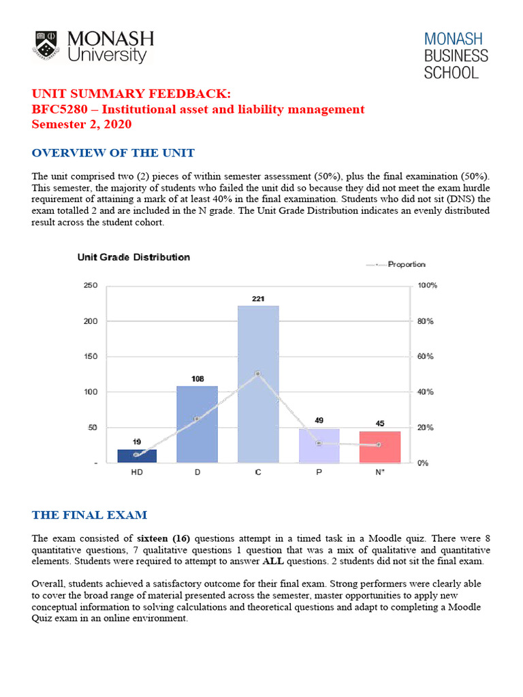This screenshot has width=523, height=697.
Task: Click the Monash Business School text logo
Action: click(456, 55)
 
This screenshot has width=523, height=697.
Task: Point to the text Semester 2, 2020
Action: click(82, 125)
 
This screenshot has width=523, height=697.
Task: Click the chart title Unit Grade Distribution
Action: click(133, 257)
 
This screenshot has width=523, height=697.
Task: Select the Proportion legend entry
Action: click(406, 265)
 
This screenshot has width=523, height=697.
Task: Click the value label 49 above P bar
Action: click(319, 421)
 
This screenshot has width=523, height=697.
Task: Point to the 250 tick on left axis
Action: click(91, 286)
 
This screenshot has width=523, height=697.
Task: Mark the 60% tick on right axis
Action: click(425, 357)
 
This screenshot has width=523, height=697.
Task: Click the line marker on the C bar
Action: click(258, 374)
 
